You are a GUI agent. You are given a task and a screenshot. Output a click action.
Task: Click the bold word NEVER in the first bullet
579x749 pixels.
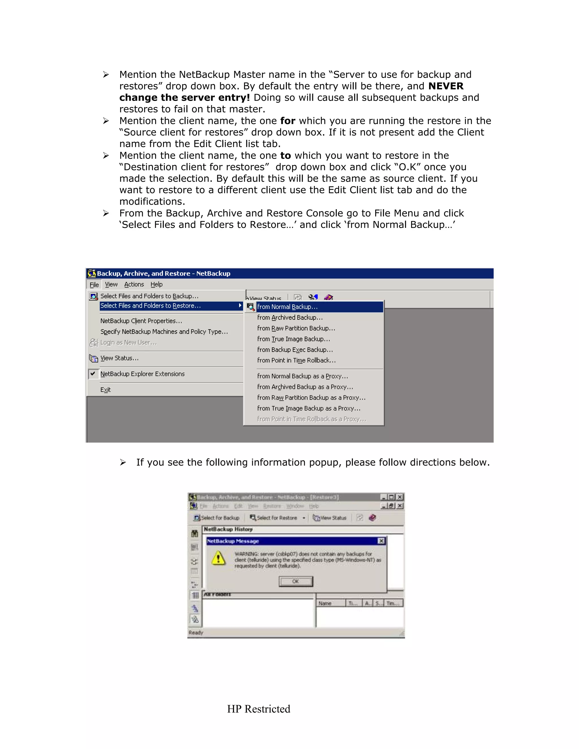(446, 86)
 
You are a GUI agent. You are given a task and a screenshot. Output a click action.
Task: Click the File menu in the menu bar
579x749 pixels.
(94, 285)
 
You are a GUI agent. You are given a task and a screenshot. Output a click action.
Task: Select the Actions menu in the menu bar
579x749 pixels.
(134, 284)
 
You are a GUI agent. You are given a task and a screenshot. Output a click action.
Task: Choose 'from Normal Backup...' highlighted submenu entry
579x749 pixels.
(288, 307)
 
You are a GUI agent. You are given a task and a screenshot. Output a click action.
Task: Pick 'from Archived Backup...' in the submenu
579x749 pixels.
(289, 318)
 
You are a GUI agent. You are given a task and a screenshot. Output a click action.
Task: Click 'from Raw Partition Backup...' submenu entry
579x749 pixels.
(296, 328)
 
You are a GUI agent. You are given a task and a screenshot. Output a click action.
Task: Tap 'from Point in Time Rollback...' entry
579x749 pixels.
(296, 360)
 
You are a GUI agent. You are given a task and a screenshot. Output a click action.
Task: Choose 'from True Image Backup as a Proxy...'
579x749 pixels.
(308, 408)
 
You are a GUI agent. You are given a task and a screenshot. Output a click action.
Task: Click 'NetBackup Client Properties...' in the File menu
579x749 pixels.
(141, 321)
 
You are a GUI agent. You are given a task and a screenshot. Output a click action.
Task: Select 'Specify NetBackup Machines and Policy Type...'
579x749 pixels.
(164, 332)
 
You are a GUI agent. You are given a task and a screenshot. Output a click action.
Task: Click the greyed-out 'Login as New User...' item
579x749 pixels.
(128, 343)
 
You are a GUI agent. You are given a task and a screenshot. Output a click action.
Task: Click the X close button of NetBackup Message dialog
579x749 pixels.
(381, 541)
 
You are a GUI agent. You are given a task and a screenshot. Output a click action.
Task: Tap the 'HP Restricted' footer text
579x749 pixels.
(258, 709)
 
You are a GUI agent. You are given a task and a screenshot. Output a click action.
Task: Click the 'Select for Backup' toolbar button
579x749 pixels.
(217, 518)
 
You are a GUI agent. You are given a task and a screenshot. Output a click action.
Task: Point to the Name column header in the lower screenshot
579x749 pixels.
(325, 603)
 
